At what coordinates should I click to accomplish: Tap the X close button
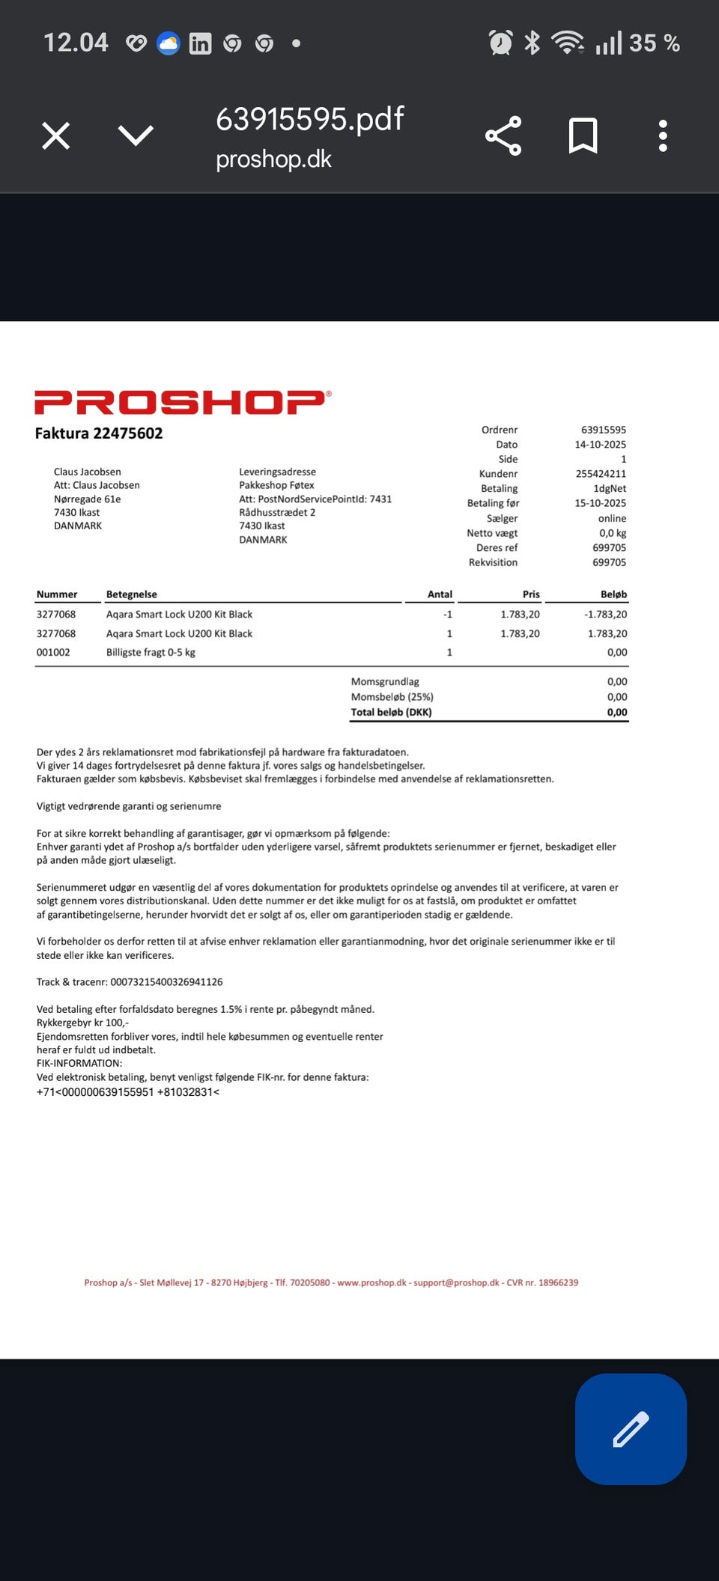[56, 136]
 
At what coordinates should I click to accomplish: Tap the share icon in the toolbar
[503, 136]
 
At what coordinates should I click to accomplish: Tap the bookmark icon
[583, 136]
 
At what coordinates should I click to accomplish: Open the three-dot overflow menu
[663, 136]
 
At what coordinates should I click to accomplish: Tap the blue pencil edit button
[631, 1428]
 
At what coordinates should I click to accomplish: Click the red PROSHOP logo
[182, 402]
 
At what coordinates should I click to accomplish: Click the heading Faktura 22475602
[99, 433]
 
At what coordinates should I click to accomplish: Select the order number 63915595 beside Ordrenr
[603, 430]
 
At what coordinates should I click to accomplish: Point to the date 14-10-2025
[600, 445]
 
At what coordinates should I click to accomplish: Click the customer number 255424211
[601, 474]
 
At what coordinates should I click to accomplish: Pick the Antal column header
[440, 594]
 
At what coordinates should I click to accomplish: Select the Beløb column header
[613, 594]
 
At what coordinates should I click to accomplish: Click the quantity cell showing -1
[447, 615]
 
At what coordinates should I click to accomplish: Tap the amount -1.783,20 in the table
[605, 615]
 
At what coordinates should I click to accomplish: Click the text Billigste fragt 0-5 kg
[151, 653]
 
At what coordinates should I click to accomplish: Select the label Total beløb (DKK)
[391, 713]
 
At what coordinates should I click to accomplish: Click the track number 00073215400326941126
[166, 982]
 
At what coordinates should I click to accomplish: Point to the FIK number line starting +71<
[128, 1092]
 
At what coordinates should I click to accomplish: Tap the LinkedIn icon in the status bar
[200, 43]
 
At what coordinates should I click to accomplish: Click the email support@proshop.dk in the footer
[456, 1282]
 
